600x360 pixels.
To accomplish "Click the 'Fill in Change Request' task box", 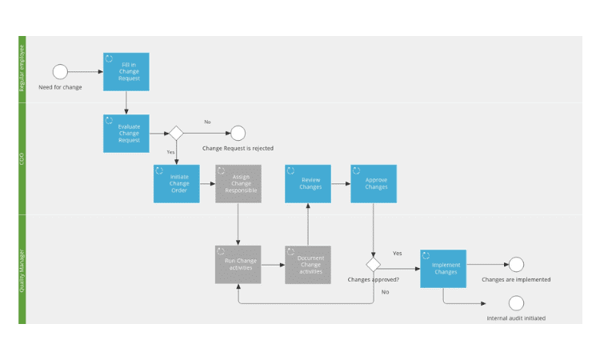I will click(126, 72).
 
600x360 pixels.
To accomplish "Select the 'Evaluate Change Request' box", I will click(126, 133).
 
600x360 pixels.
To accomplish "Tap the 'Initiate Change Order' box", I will click(176, 183).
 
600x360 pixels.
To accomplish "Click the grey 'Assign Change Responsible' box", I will click(238, 183).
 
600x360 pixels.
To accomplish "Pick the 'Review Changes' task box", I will click(308, 183).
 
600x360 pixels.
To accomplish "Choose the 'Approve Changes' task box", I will click(374, 183).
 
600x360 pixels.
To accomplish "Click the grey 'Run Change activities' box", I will click(238, 264).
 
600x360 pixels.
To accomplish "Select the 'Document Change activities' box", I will click(308, 264).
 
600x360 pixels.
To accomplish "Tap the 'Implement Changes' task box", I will click(443, 269).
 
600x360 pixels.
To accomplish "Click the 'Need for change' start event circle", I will click(60, 72).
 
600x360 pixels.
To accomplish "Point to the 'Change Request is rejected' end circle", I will click(238, 133).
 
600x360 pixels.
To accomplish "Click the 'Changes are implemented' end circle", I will click(516, 264).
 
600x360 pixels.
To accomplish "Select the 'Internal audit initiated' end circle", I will click(516, 303).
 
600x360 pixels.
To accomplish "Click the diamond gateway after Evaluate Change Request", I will click(176, 133).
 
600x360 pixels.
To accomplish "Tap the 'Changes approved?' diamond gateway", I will click(374, 264).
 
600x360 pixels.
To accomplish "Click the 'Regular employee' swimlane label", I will click(22, 69).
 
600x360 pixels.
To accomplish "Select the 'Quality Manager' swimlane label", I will click(22, 269).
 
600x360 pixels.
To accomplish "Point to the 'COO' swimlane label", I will click(22, 158).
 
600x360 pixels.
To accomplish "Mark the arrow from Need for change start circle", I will click(85, 72).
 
